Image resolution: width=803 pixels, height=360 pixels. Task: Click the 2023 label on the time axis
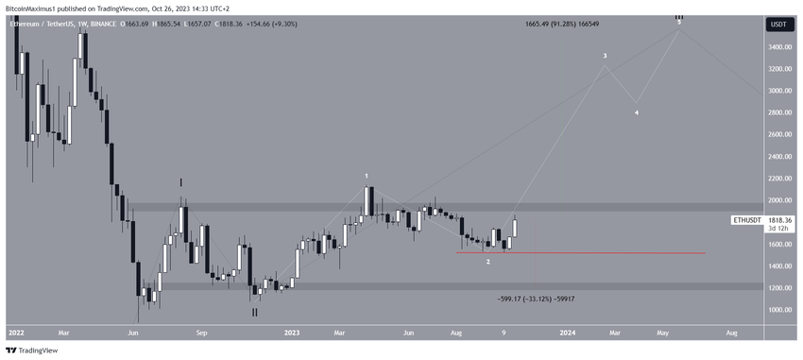tap(289, 333)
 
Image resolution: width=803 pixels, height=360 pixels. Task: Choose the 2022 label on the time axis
tap(16, 333)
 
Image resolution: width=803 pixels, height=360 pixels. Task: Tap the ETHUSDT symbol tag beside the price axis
tap(749, 219)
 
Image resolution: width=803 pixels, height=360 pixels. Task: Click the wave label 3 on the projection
tap(606, 57)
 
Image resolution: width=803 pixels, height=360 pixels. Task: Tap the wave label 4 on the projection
tap(636, 113)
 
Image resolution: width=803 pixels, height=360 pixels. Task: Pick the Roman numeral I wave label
tap(181, 181)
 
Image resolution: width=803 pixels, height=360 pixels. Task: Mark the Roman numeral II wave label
tap(254, 310)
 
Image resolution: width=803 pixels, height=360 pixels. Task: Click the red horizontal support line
tap(614, 253)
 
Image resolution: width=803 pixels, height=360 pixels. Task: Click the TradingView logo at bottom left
tap(38, 350)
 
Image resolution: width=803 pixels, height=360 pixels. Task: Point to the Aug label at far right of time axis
tap(731, 333)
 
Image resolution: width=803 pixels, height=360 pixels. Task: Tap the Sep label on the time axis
tap(201, 333)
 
